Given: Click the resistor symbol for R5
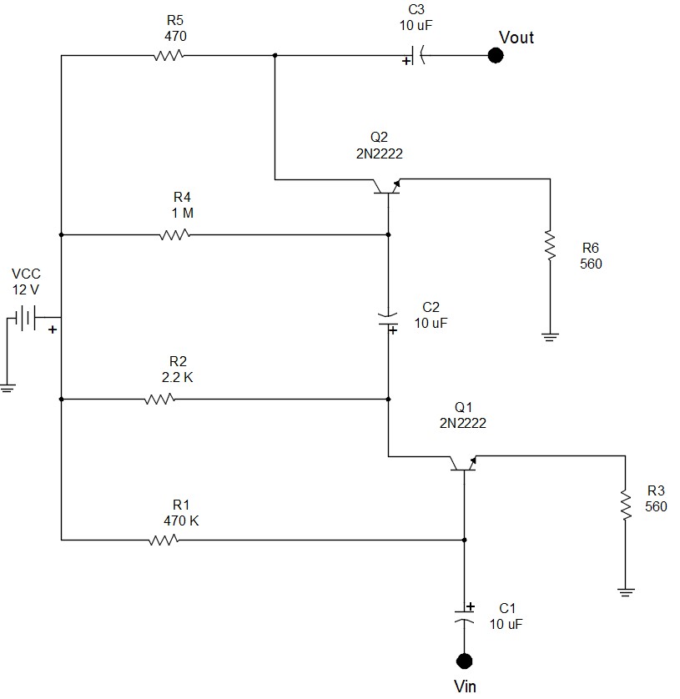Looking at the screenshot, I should click(168, 56).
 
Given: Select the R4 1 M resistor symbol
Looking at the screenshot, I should click(174, 234).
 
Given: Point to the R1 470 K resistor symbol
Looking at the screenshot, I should click(164, 540).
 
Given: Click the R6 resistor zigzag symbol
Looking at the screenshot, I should click(551, 246).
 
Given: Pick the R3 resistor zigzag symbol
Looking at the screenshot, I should click(624, 503).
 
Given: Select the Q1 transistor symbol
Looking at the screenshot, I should click(463, 464).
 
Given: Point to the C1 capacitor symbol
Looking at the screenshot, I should click(465, 617).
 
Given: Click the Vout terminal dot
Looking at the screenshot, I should click(496, 56).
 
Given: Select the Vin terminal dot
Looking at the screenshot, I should click(465, 661).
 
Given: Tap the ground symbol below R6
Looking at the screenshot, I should click(551, 337).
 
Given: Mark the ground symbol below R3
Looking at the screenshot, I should click(624, 591).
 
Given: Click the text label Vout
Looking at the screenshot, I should click(516, 38).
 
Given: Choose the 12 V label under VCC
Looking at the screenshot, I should click(25, 289).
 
